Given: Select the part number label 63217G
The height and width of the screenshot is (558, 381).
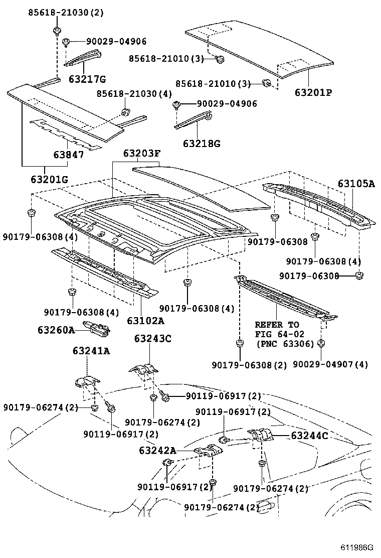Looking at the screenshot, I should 87,78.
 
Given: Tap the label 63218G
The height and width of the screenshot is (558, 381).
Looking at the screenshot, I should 201,144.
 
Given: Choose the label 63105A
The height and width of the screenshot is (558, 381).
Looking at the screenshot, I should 356,184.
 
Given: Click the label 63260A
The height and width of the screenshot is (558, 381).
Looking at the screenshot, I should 56,330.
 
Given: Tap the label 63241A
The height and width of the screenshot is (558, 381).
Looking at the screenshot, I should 91,351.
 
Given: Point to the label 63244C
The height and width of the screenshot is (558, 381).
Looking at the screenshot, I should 309,436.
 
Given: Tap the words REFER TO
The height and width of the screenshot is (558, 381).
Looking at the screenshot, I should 276,325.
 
